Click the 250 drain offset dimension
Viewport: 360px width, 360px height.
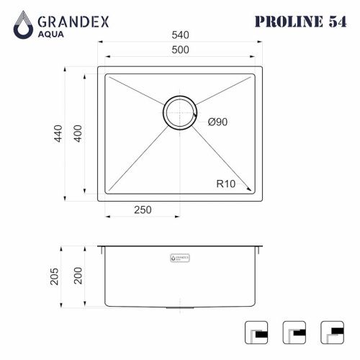point(143,210)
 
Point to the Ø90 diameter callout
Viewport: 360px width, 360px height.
point(217,122)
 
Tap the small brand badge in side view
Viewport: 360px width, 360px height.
point(179,256)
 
